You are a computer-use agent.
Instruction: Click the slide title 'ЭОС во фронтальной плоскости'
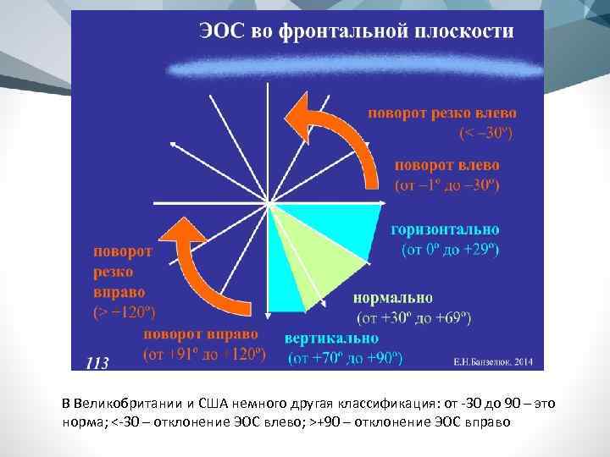click(355, 32)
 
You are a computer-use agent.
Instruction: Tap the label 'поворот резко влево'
click(441, 112)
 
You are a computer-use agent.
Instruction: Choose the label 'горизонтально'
click(445, 229)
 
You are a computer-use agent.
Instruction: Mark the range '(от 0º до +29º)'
click(450, 250)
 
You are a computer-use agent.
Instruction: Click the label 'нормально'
click(392, 298)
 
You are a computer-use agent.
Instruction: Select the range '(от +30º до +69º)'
click(415, 318)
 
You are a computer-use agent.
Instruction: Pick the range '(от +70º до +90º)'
click(344, 358)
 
